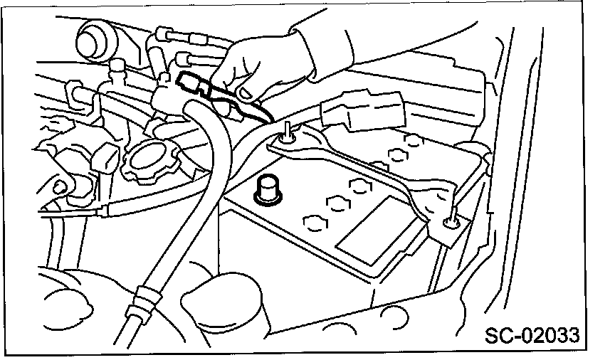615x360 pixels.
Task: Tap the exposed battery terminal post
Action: coord(268,189)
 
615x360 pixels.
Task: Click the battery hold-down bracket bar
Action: coord(363,171)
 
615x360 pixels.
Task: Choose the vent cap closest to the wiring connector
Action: coord(412,139)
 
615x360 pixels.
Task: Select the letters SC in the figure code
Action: coord(498,334)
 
